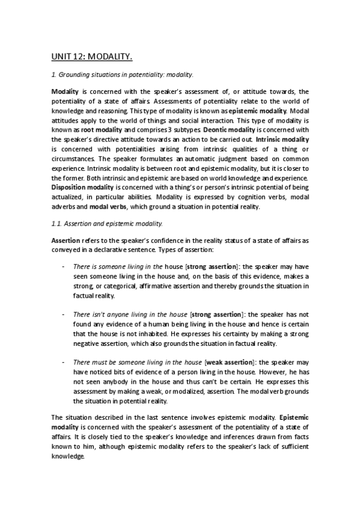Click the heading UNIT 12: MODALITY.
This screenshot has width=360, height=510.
pyautogui.click(x=91, y=57)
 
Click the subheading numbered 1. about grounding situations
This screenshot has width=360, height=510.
pyautogui.click(x=122, y=75)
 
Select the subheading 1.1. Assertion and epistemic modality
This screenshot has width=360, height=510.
pyautogui.click(x=107, y=224)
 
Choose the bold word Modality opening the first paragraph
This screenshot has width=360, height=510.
pyautogui.click(x=65, y=90)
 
